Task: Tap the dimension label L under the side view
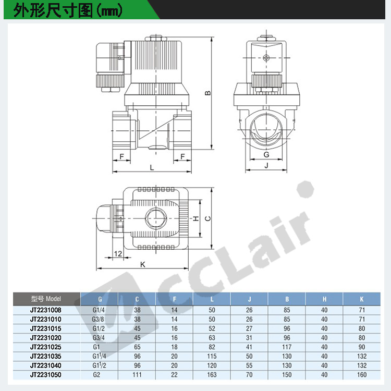coord(152,167)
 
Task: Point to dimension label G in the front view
coord(266,155)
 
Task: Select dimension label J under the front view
coord(266,165)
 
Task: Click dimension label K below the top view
coord(143,264)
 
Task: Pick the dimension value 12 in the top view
coord(118,253)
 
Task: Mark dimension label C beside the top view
coord(207,218)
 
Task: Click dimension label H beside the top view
coord(196,218)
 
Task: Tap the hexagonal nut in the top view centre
coord(156,218)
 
